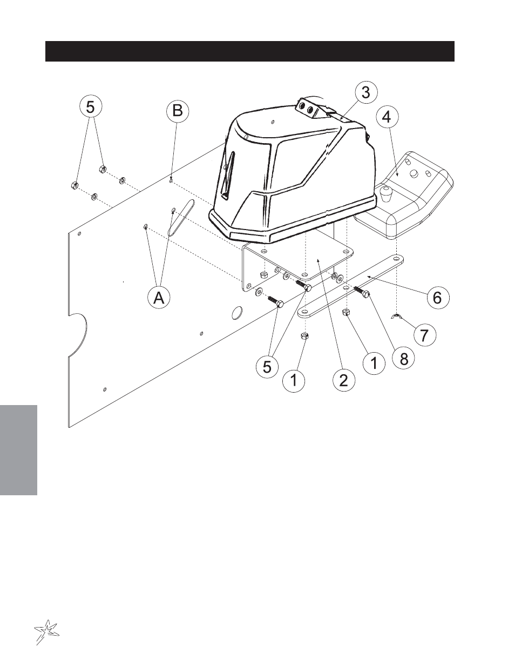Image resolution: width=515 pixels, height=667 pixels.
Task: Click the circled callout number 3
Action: pyautogui.click(x=366, y=93)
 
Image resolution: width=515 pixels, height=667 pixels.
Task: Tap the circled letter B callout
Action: pyautogui.click(x=178, y=111)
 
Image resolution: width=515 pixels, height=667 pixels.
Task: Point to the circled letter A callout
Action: pyautogui.click(x=159, y=298)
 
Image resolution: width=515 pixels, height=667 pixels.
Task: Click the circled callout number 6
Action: pyautogui.click(x=437, y=297)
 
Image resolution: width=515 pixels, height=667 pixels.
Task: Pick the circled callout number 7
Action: pyautogui.click(x=424, y=334)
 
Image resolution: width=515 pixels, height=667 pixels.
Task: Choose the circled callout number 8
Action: pyautogui.click(x=404, y=358)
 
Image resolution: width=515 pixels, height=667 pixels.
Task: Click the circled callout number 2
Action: pyautogui.click(x=344, y=381)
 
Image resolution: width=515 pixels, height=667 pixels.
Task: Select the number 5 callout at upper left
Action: pyautogui.click(x=91, y=107)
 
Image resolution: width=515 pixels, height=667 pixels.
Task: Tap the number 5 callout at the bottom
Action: pyautogui.click(x=267, y=367)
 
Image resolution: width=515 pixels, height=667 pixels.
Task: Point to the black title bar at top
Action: pyautogui.click(x=250, y=51)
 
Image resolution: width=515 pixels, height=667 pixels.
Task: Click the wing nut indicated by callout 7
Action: pyautogui.click(x=397, y=317)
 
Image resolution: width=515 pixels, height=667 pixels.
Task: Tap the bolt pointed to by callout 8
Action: pyautogui.click(x=362, y=291)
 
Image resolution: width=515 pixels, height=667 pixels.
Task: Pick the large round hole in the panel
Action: pyautogui.click(x=237, y=313)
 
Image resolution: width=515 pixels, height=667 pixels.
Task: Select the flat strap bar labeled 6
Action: pyautogui.click(x=350, y=285)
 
